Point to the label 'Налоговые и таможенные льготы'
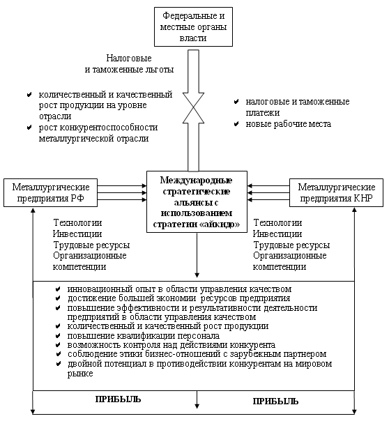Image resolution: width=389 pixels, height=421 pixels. [130, 64]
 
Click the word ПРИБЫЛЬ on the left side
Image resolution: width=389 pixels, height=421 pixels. [118, 399]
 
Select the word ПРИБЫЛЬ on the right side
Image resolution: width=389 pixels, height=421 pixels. [275, 401]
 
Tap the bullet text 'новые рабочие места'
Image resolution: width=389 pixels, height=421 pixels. [289, 124]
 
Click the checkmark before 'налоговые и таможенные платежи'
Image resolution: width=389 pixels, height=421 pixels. [236, 102]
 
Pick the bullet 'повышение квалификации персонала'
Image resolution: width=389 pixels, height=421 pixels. [144, 336]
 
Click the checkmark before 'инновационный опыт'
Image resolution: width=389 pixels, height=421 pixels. [58, 289]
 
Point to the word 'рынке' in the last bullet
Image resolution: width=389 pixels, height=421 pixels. [80, 374]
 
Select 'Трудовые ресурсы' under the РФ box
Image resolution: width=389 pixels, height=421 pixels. [91, 245]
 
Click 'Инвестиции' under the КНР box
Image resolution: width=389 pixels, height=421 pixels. [277, 234]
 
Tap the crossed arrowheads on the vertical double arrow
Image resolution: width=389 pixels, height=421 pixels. [193, 108]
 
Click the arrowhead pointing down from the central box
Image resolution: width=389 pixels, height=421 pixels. [197, 275]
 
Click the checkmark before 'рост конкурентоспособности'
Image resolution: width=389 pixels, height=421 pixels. [29, 128]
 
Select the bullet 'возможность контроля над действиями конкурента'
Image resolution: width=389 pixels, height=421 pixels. [171, 345]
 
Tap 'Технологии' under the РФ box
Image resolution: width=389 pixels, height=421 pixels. [77, 222]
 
